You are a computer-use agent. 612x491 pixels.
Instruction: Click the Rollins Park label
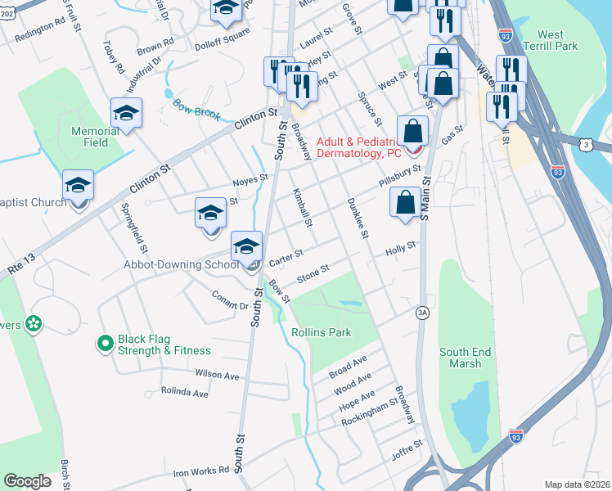(x=321, y=332)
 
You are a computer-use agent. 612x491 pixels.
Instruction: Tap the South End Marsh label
(x=465, y=358)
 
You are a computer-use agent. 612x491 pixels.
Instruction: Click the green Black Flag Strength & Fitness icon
(x=105, y=344)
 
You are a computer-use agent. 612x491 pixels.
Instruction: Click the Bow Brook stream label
(x=196, y=109)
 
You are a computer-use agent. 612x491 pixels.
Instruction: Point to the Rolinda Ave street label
(x=184, y=393)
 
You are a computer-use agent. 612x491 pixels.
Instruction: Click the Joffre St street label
(x=407, y=447)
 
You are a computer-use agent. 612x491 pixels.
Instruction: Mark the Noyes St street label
(x=251, y=178)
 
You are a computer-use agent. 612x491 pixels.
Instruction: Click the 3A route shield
(x=422, y=312)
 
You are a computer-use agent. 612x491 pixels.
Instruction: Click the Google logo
(x=27, y=481)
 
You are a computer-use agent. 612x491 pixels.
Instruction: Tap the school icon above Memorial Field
(x=127, y=114)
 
